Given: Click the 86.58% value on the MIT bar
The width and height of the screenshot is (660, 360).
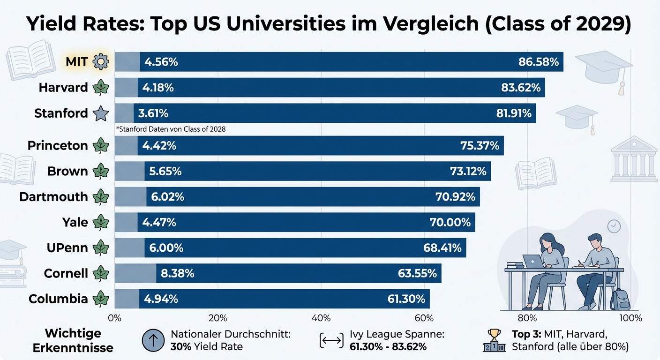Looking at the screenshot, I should pos(539,62).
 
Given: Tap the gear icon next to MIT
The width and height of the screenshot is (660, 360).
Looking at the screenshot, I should pos(101,61).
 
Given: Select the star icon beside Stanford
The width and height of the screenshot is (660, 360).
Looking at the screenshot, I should pos(101,113).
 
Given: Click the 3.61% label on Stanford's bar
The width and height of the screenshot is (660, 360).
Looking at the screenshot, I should pos(153,113).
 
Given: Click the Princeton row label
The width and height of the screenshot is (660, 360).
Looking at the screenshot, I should pos(58,145).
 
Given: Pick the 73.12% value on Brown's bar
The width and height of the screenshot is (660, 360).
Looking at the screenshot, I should pos(468,171).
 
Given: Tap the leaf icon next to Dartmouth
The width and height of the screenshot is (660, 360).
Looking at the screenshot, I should pos(101,197).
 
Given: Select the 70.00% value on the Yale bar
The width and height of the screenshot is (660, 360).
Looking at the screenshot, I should pos(450,222).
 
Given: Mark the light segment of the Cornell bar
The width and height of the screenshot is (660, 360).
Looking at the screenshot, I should pos(135,273).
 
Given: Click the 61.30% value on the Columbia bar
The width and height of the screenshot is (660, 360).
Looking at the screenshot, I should pos(406,299).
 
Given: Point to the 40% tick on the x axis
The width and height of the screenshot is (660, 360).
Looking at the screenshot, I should pos(321,318).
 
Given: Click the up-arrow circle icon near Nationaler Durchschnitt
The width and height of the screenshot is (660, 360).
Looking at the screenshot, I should pos(153,340).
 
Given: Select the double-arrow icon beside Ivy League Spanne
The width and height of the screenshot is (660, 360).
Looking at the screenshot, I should pos(331,341).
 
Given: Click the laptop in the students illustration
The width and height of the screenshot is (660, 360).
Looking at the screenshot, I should pos(533,261).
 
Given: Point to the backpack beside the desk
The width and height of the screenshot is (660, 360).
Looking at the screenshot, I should pos(619,299).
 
